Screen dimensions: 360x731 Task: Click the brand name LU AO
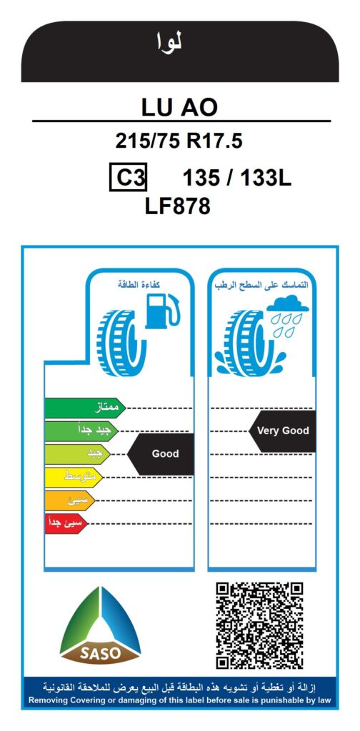coord(179,107)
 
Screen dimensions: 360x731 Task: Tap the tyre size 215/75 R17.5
coord(179,141)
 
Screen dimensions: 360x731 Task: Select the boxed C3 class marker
coord(129,177)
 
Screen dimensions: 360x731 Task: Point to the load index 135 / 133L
coord(237,178)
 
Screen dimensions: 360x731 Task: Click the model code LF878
coord(178,206)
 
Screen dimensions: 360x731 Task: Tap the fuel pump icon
coord(162,311)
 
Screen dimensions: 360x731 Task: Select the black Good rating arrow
coord(161,453)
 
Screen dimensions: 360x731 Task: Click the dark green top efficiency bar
coord(85,408)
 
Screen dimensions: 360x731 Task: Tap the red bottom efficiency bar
coord(66,523)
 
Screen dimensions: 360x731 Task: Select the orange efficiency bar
coord(69,500)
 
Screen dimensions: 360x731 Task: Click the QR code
coord(259,625)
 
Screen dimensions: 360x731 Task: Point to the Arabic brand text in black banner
coord(169,43)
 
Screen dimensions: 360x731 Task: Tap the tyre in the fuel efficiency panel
coord(121,343)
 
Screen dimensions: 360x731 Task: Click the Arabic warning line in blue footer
coord(179,687)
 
